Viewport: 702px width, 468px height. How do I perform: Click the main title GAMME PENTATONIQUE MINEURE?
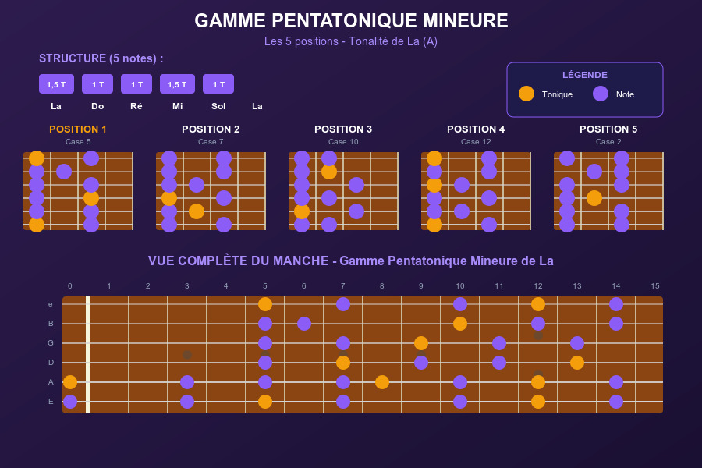pos(351,21)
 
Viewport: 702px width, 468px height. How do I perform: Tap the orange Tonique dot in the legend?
pos(526,94)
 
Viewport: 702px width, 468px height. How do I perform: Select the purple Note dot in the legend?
pos(601,94)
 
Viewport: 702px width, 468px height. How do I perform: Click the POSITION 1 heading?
pos(78,129)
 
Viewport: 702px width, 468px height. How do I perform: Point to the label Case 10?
pos(343,142)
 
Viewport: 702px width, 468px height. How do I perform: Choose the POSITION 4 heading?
pos(476,129)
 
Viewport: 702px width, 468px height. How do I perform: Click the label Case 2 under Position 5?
pos(608,142)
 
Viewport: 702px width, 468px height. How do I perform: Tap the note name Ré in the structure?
pos(136,106)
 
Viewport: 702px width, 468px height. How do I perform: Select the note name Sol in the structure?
pos(218,106)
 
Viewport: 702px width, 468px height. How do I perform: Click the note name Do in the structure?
pos(97,106)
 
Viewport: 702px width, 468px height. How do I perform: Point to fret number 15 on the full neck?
pos(655,286)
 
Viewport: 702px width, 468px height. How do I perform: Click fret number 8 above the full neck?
pos(382,286)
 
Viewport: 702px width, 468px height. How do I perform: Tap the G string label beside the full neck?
pos(51,343)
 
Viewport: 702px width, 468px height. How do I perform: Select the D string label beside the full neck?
pos(51,363)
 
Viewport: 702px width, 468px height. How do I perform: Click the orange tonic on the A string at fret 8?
pos(382,382)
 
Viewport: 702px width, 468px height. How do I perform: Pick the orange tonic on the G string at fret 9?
pos(421,343)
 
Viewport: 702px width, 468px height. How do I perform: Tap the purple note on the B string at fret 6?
pos(304,324)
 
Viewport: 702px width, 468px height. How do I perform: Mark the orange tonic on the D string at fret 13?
pos(577,363)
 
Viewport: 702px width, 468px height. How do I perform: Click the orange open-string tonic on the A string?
pos(70,382)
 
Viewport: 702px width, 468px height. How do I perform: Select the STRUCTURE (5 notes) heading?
pos(101,58)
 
